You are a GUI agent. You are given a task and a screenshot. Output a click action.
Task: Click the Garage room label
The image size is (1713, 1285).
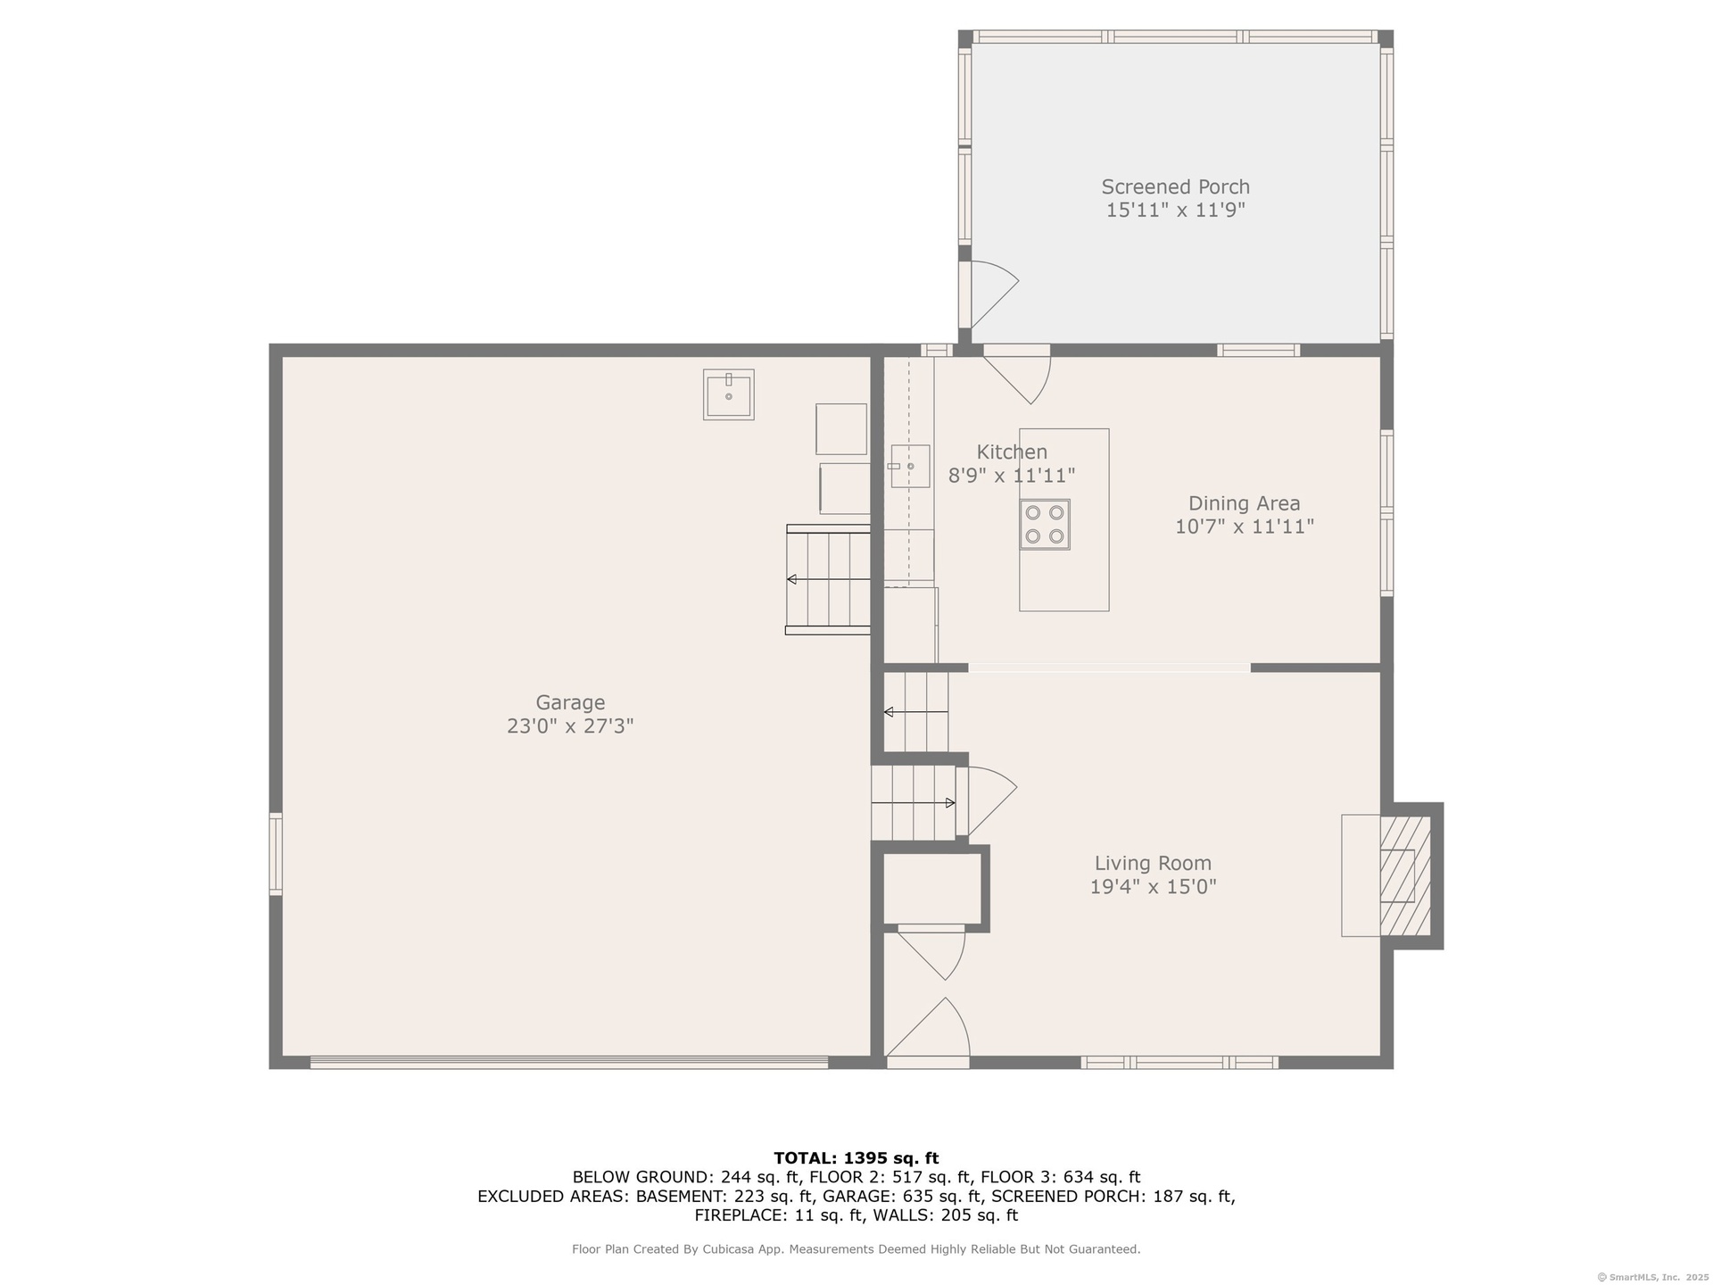(570, 702)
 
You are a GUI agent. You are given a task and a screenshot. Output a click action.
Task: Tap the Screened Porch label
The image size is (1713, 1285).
(1175, 187)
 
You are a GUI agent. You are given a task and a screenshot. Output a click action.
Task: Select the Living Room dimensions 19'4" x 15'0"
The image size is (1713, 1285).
(1153, 886)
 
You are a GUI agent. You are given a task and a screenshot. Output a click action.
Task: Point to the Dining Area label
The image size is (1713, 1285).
(1244, 503)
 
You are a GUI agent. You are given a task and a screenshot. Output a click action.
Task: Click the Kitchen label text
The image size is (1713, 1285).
(1012, 452)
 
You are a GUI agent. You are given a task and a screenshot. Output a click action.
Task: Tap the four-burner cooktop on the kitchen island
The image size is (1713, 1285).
(1045, 524)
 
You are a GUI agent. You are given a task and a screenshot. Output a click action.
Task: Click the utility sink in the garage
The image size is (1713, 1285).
(728, 394)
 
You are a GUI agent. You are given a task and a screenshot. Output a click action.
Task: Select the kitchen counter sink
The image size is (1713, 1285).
(909, 466)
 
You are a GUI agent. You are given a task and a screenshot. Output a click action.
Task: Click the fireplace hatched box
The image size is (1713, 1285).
(1405, 875)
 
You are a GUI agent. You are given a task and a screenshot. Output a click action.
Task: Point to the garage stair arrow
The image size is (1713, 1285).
(828, 580)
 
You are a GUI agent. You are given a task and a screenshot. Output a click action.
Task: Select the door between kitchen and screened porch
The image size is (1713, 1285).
(1017, 374)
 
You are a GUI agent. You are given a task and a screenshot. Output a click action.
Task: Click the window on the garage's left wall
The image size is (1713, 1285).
(277, 854)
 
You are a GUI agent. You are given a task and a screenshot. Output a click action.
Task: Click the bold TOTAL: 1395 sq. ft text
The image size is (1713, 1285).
(856, 1158)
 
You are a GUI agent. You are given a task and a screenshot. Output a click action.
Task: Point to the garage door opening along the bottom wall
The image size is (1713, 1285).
(569, 1062)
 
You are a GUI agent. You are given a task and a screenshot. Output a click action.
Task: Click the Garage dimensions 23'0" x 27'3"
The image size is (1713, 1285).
(570, 725)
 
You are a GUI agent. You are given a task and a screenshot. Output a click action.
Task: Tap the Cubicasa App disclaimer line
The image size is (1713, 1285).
(856, 1249)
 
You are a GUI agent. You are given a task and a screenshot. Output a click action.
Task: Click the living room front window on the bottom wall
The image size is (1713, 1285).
(1179, 1062)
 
